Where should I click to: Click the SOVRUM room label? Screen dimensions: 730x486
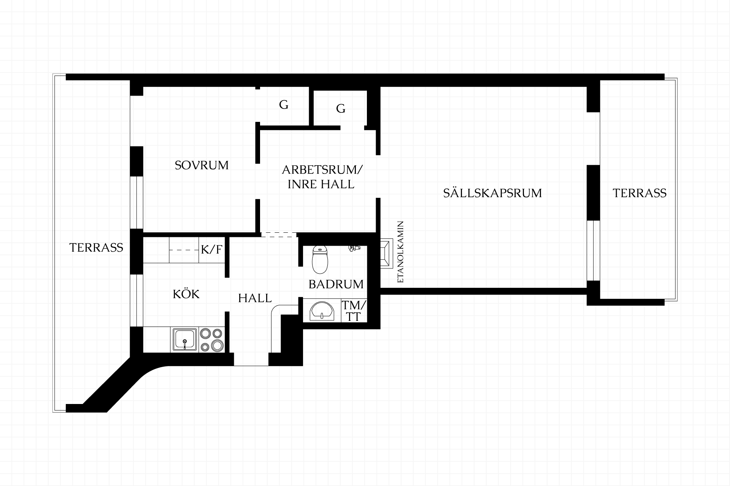coord(202,165)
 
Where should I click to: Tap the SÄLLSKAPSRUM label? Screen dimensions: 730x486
coord(492,193)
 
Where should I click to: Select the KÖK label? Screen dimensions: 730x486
coord(186,293)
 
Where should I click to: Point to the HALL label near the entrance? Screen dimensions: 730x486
coord(255,298)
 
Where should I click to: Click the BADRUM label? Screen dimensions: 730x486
coord(336,284)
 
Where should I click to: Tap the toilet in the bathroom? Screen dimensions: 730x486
coord(320,259)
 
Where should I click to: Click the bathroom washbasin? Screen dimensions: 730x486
coord(322,311)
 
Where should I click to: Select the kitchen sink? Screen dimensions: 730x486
coord(185,339)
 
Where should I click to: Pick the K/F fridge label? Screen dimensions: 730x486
coord(211,249)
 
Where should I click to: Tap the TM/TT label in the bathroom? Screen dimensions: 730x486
coord(354,311)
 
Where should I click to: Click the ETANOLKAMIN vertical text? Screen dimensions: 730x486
coord(400,252)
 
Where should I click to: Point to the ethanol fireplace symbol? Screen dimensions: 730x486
coord(387,254)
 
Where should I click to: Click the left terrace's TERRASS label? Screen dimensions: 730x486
coord(96,248)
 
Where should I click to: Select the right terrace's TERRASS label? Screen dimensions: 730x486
coord(640,193)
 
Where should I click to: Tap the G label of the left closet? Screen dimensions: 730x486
coord(284,104)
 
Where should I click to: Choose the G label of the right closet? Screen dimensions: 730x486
coord(341,109)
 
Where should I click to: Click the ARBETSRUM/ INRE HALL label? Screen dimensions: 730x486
coord(322,177)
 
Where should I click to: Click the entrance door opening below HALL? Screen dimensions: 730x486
coord(251,359)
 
